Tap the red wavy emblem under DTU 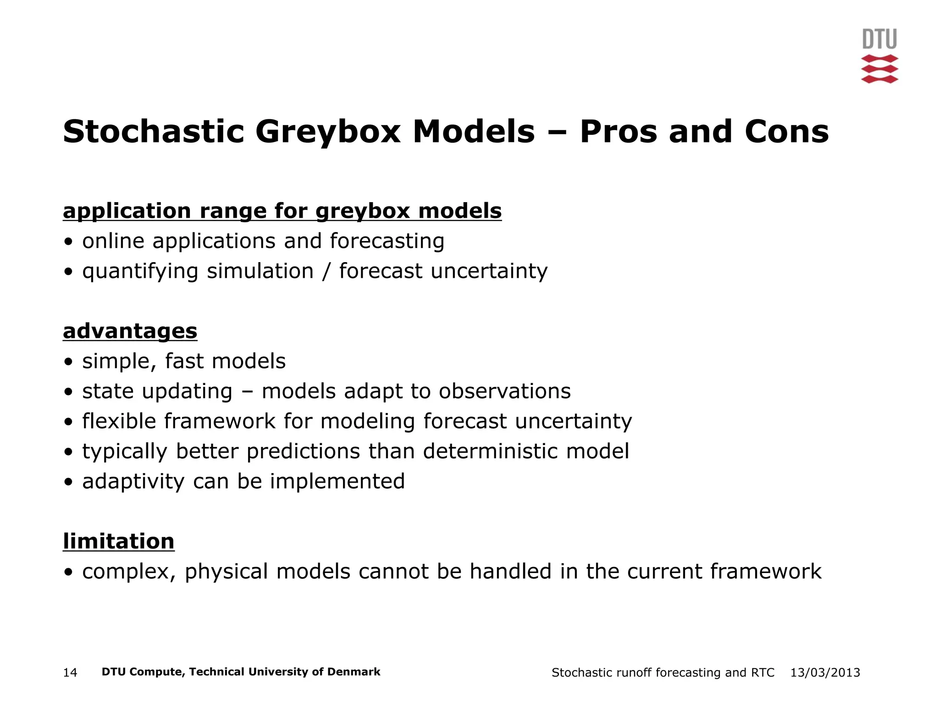[879, 69]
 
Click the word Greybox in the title [328, 132]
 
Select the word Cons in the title [786, 132]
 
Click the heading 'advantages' [130, 331]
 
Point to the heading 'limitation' [118, 541]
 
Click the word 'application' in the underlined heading [127, 211]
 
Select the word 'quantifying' [140, 271]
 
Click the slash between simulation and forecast [326, 271]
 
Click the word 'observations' [504, 391]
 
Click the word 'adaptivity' [133, 482]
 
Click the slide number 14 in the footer [70, 673]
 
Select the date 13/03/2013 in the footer [825, 673]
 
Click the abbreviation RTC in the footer [762, 673]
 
